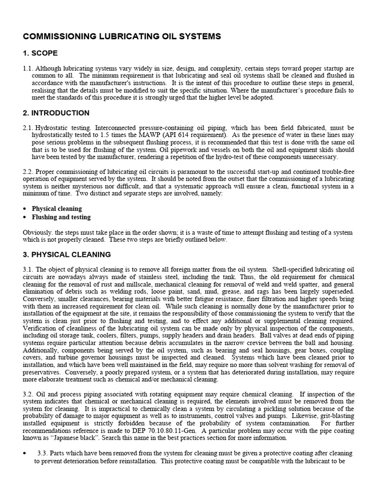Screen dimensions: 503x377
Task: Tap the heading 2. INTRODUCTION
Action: [56, 113]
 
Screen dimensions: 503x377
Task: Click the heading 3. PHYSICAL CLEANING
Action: [67, 254]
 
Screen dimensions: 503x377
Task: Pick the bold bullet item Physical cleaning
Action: [57, 209]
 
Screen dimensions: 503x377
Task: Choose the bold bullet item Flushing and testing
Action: [61, 217]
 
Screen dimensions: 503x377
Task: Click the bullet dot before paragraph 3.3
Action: [25, 453]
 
